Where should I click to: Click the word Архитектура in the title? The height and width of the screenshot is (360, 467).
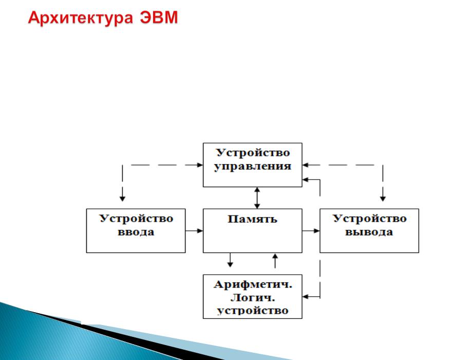[x=81, y=18]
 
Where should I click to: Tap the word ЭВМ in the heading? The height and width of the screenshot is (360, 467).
[x=159, y=17]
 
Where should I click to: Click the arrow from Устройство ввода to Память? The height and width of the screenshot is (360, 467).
[x=194, y=230]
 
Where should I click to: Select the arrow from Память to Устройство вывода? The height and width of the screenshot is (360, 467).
[x=311, y=230]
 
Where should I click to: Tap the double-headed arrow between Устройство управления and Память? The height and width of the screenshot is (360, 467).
[x=257, y=198]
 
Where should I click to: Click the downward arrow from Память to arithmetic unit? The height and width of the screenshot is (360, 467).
[x=230, y=260]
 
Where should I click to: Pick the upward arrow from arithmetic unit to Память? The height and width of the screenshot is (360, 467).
[x=275, y=261]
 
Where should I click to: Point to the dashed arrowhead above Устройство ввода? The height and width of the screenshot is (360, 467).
[x=122, y=199]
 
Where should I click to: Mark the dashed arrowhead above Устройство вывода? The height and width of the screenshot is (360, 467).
[x=383, y=199]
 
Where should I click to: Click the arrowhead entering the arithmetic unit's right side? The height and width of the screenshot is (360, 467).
[x=305, y=297]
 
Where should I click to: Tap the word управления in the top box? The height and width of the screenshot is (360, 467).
[x=253, y=167]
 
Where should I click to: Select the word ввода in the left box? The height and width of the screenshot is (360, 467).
[x=136, y=232]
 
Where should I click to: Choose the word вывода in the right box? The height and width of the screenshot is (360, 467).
[x=369, y=232]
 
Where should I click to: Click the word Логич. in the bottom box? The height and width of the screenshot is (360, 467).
[x=253, y=298]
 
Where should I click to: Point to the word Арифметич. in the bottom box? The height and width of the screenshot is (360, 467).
[x=253, y=285]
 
